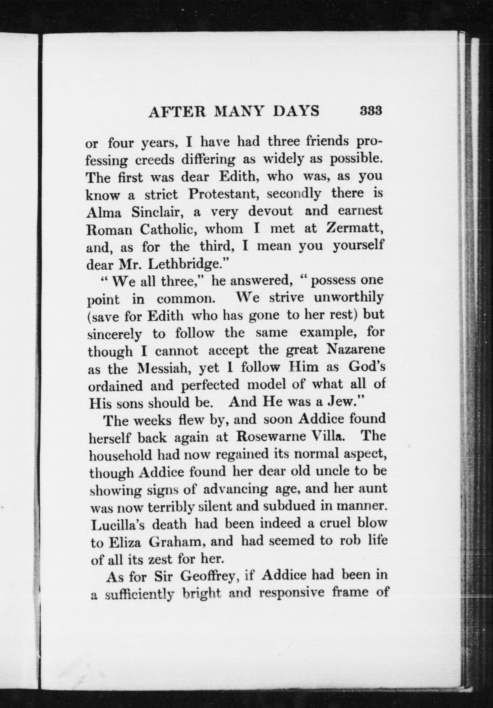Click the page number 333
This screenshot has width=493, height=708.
371,110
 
